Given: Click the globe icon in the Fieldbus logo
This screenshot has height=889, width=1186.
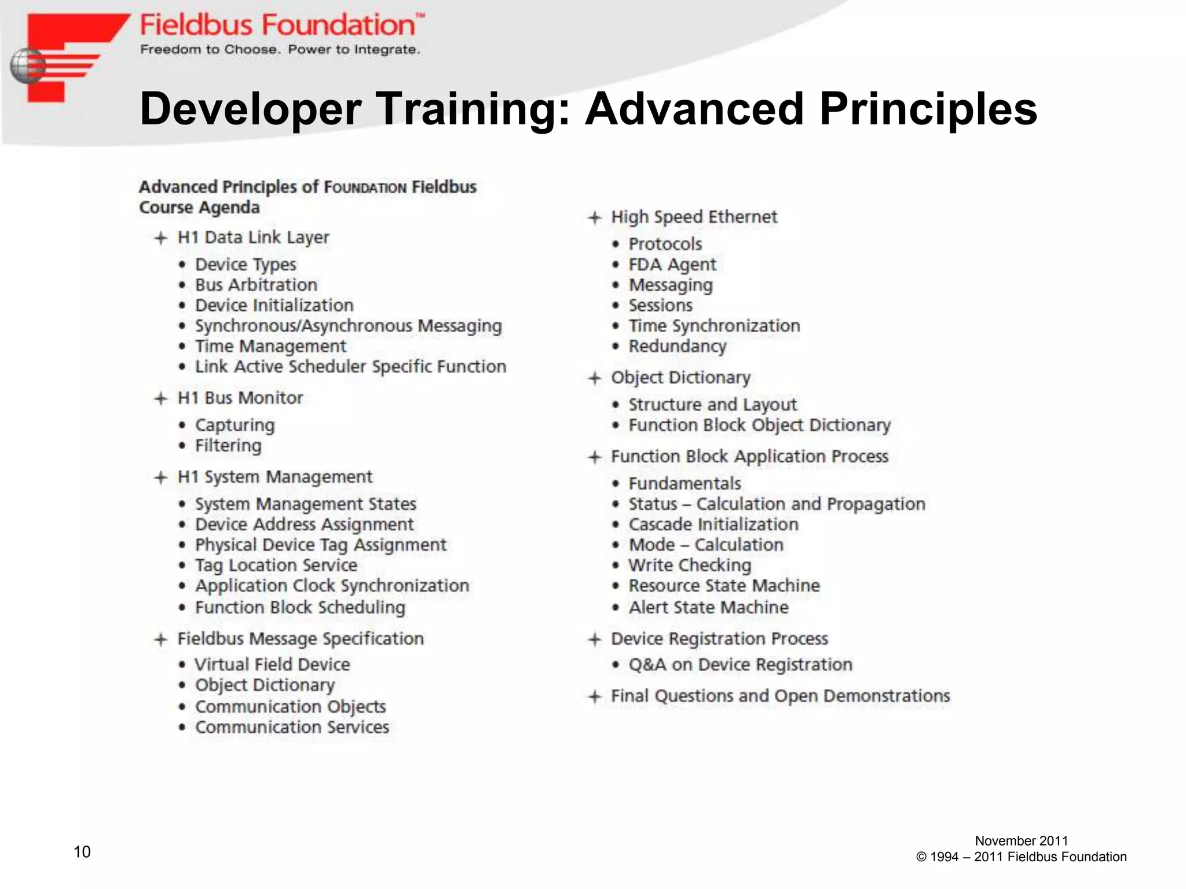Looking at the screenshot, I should pyautogui.click(x=27, y=66).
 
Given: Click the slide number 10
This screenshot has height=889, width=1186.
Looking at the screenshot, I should pyautogui.click(x=82, y=851).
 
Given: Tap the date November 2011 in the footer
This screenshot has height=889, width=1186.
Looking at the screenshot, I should pyautogui.click(x=1021, y=840).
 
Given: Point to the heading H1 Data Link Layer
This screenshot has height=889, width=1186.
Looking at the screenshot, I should pyautogui.click(x=253, y=237).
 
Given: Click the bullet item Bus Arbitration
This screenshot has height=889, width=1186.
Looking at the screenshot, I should pyautogui.click(x=256, y=285).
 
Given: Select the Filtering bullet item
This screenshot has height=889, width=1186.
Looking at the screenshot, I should pyautogui.click(x=228, y=446).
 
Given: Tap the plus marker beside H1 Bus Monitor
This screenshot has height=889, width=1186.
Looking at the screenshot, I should pyautogui.click(x=160, y=398).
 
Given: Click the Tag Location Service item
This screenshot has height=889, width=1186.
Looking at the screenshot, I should pyautogui.click(x=276, y=565).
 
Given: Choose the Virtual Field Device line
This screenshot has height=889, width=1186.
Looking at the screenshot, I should pyautogui.click(x=272, y=664).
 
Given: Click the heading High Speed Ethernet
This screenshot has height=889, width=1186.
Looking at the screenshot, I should pyautogui.click(x=694, y=217).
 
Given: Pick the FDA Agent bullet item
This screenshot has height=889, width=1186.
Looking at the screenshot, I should pyautogui.click(x=672, y=265).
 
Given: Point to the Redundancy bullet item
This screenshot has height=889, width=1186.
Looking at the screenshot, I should pyautogui.click(x=678, y=346).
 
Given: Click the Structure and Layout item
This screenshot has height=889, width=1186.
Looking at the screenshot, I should pyautogui.click(x=712, y=405).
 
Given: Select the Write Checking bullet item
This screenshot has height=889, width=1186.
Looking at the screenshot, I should pyautogui.click(x=690, y=565).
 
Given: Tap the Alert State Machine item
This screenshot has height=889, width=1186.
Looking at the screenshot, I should pyautogui.click(x=708, y=607).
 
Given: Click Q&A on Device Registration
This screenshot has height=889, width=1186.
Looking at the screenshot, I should pyautogui.click(x=740, y=664).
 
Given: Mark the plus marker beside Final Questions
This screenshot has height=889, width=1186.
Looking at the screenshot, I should pyautogui.click(x=595, y=696).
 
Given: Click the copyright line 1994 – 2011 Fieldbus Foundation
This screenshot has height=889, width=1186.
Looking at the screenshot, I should pyautogui.click(x=1021, y=857).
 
